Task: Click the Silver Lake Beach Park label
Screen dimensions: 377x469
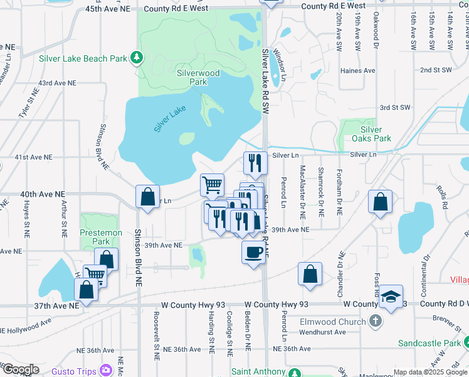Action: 82,58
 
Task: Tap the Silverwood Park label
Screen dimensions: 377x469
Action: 198,77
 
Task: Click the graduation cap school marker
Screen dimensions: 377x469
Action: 391,297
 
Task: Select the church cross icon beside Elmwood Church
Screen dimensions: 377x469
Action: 375,322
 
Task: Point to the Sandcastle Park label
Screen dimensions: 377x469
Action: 428,343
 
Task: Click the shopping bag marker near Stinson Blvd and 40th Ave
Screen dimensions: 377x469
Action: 147,197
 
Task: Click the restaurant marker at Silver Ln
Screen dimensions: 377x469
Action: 255,163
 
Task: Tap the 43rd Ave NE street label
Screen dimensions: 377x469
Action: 57,83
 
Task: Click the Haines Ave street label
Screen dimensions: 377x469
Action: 357,71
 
